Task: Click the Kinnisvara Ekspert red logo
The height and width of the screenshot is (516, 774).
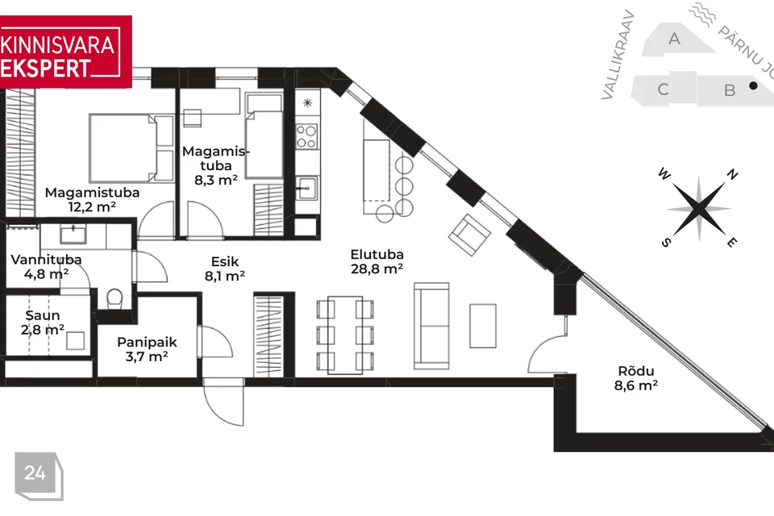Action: (x=65, y=52)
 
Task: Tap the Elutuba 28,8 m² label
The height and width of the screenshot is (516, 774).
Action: (x=377, y=262)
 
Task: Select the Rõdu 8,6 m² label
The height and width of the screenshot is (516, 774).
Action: (x=636, y=378)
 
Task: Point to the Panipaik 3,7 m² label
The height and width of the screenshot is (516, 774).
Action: (x=147, y=349)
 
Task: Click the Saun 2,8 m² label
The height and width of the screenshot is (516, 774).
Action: (x=43, y=322)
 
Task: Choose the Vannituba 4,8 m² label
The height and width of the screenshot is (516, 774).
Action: (x=47, y=267)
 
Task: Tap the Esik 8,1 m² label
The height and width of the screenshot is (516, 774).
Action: (x=225, y=268)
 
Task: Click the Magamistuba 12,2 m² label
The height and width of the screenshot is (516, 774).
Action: (x=92, y=199)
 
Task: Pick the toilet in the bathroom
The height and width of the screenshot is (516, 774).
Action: (x=114, y=298)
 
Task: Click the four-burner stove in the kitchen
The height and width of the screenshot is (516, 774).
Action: (x=306, y=137)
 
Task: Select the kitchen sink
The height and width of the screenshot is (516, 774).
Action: (x=306, y=188)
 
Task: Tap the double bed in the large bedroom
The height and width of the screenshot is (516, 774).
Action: (x=131, y=148)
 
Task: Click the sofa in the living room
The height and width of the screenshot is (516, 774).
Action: (x=431, y=326)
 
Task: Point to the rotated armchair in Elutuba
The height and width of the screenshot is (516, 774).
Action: (x=469, y=235)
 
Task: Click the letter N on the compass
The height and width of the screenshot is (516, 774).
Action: (x=732, y=174)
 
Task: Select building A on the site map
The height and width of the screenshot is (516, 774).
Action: (x=676, y=39)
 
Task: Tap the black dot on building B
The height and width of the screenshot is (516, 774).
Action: (x=753, y=85)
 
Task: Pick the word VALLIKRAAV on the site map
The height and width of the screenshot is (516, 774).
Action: (x=618, y=55)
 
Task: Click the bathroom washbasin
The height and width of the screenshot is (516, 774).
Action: (x=73, y=234)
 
